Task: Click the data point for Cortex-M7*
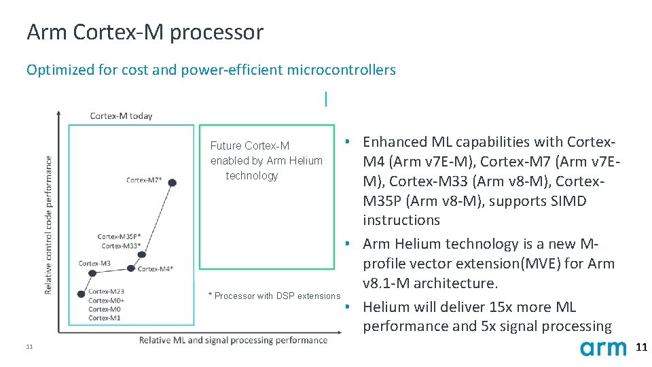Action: click(x=173, y=182)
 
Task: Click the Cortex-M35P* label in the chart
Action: click(x=119, y=237)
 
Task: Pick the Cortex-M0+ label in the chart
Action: click(x=106, y=300)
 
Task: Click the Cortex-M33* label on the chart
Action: click(x=121, y=245)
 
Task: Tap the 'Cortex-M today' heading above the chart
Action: click(x=121, y=116)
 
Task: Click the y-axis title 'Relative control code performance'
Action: click(x=48, y=225)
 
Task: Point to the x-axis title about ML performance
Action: click(x=233, y=340)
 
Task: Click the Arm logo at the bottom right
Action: click(x=603, y=348)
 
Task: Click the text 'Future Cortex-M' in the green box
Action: click(x=249, y=146)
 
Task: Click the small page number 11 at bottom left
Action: click(x=29, y=348)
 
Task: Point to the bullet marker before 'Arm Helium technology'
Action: click(x=347, y=244)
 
